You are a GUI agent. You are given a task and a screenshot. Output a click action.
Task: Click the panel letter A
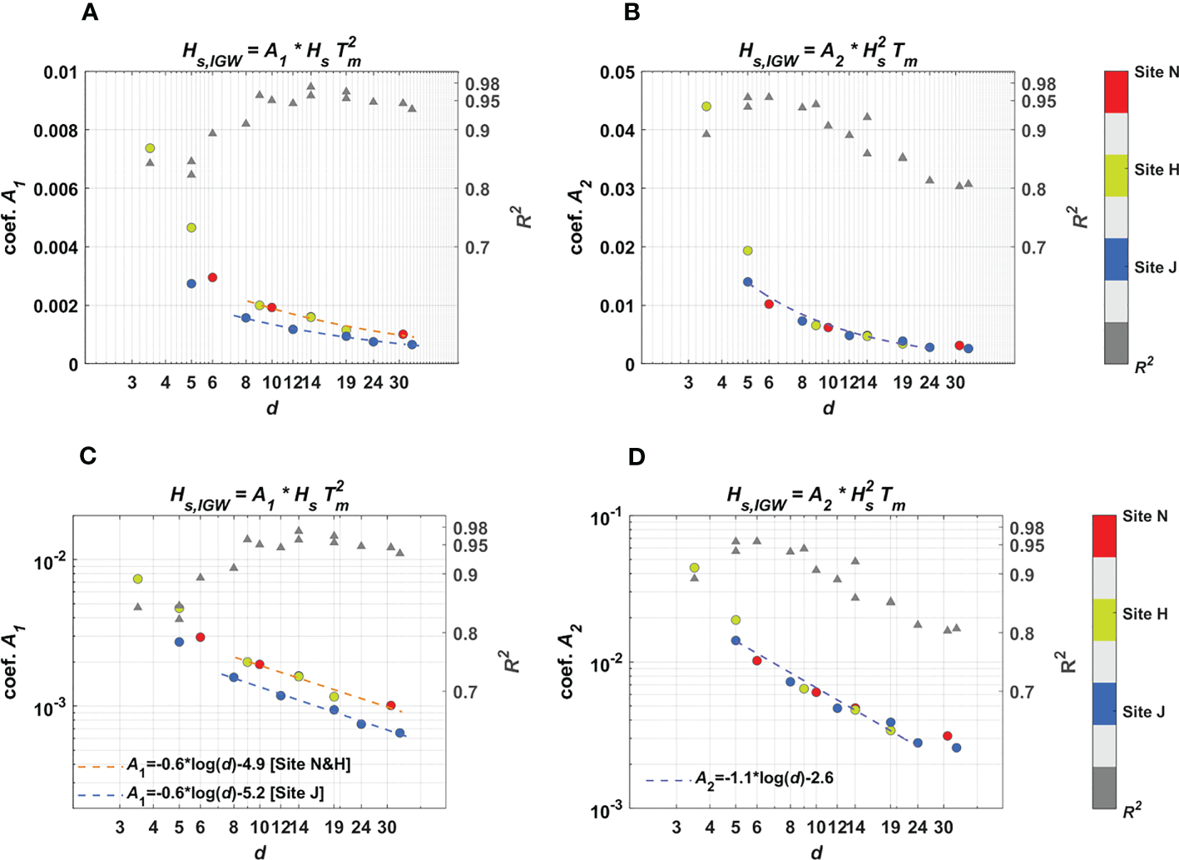point(90,12)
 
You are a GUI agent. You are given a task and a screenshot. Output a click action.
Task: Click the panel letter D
point(637,456)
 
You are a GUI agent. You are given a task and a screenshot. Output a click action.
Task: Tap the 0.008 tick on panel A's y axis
point(56,131)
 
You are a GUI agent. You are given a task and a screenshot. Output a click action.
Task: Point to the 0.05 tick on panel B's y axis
point(617,72)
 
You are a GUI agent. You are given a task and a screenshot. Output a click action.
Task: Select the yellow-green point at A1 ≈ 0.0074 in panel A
point(150,148)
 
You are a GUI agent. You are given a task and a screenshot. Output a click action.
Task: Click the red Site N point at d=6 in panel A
point(212,277)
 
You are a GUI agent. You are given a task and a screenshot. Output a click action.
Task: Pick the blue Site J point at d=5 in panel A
point(191,284)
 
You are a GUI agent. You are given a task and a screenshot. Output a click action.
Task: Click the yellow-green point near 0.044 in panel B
point(706,107)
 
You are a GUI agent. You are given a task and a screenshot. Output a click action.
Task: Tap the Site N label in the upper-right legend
point(1156,72)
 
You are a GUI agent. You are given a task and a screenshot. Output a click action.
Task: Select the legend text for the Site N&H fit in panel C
point(238,764)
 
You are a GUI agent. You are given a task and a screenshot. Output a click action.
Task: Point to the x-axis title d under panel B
point(828,407)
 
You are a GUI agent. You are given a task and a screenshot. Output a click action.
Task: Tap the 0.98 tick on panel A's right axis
point(483,84)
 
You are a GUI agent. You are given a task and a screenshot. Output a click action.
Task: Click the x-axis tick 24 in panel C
point(361,828)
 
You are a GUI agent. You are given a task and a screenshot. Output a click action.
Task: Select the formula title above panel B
point(828,52)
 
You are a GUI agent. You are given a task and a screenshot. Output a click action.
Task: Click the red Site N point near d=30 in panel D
point(947,736)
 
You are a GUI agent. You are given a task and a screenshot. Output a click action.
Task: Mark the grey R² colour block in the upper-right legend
point(1116,343)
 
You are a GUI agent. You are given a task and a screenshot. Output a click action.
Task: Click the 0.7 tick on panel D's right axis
point(1021,692)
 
